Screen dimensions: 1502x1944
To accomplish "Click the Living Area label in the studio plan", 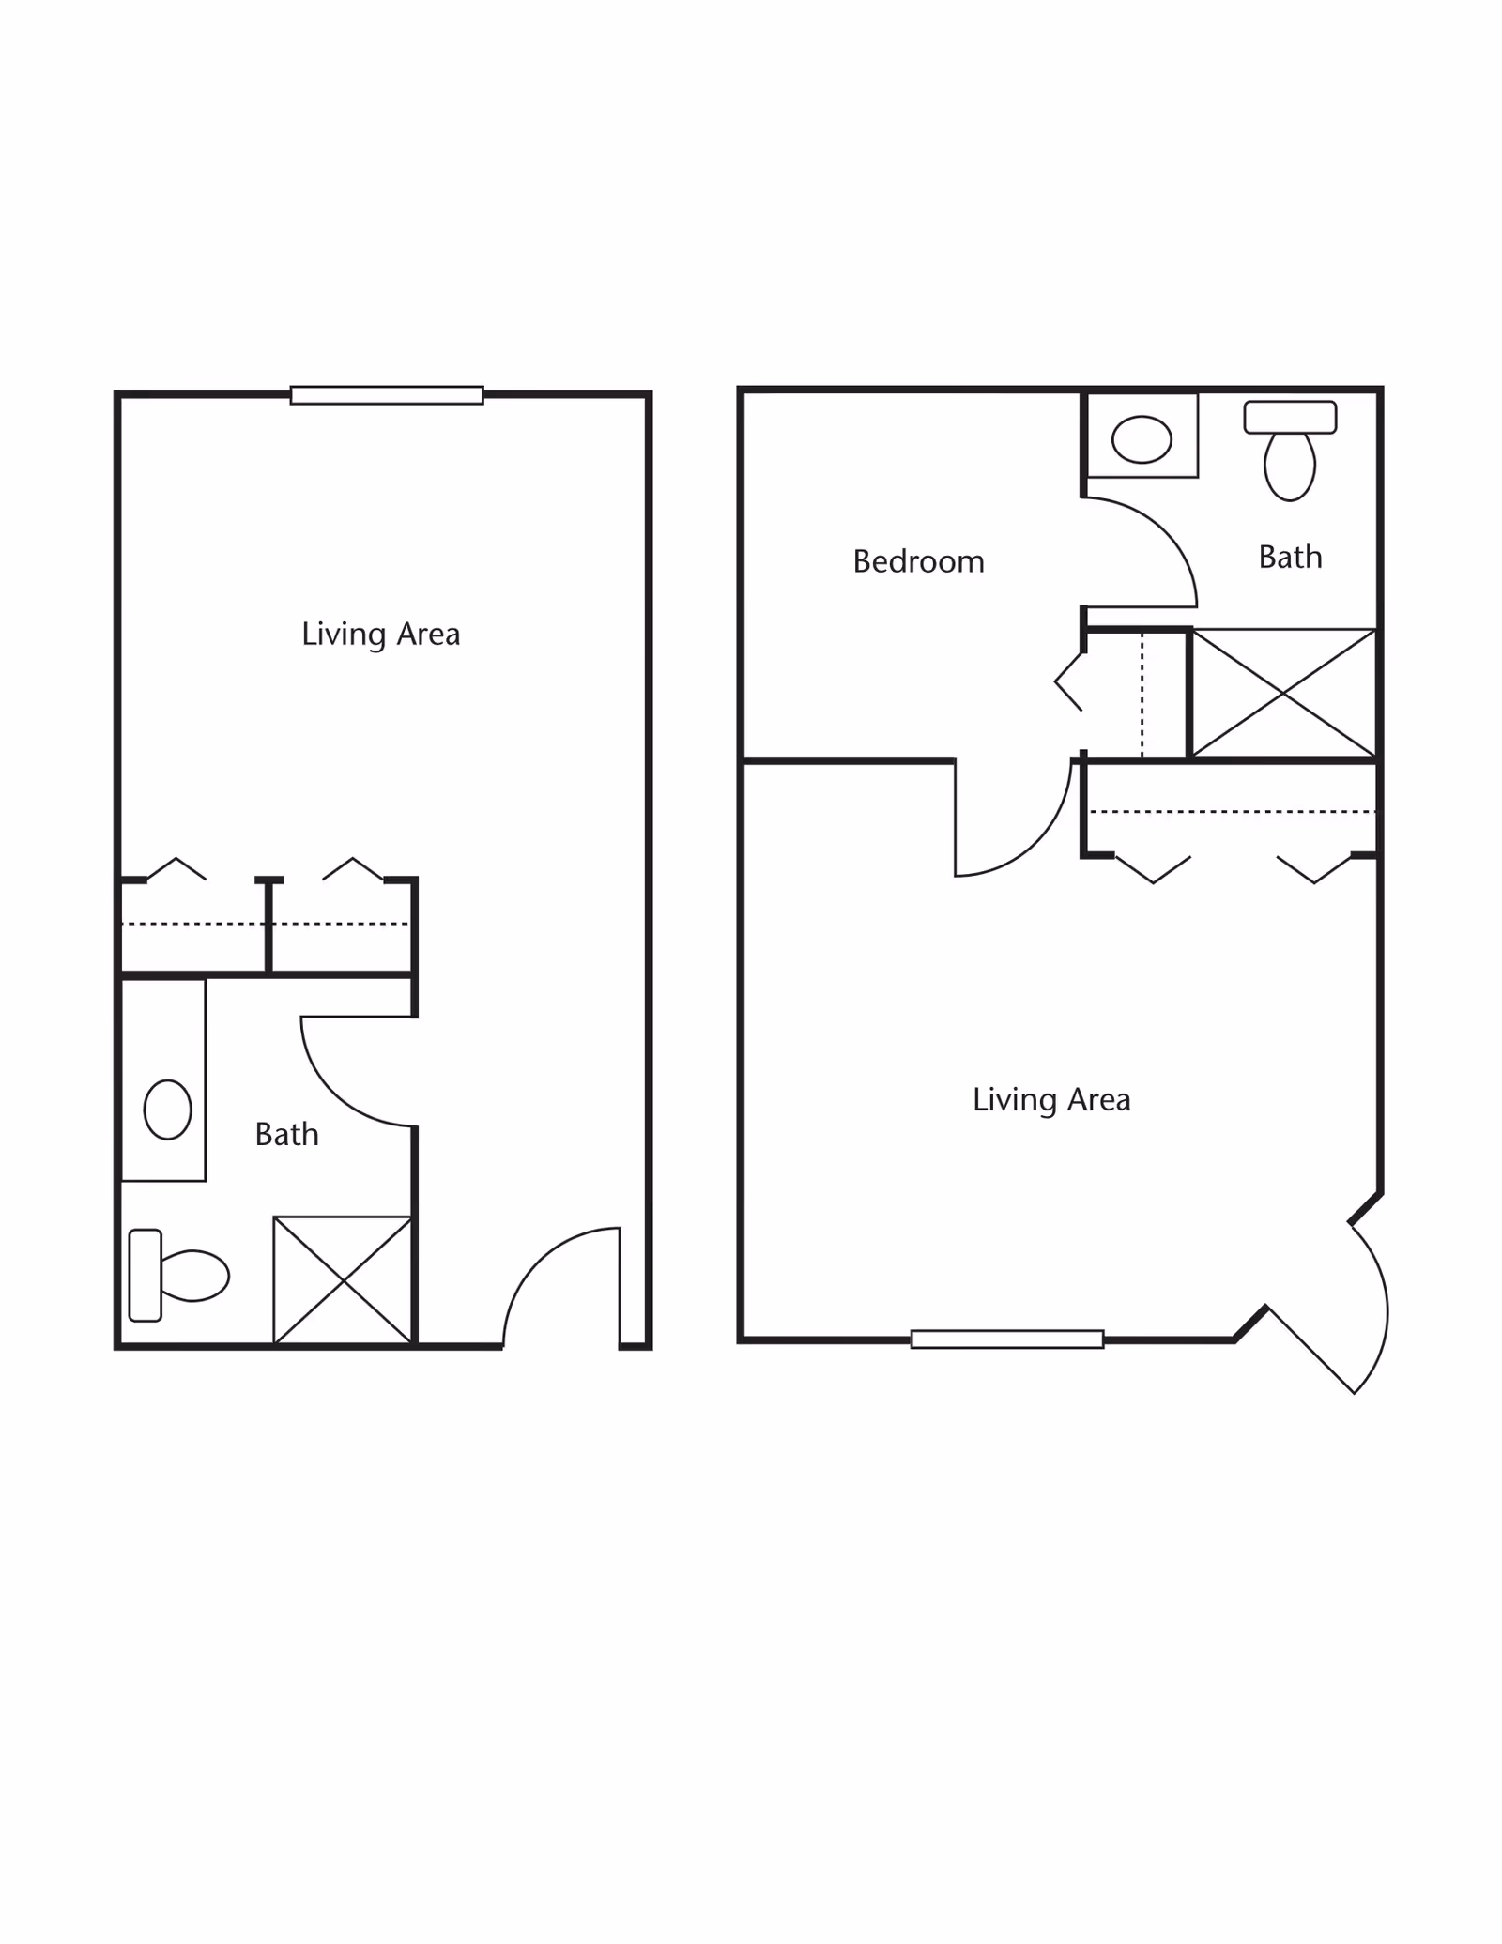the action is click(380, 635).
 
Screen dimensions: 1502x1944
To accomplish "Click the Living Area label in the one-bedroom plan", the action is click(1051, 1099).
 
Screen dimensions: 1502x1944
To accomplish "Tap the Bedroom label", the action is click(919, 561).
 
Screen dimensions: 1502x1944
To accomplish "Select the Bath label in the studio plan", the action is click(287, 1134).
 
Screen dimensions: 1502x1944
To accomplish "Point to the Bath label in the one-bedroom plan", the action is click(1291, 557).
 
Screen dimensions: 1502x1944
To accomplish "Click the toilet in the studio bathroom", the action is click(178, 1276).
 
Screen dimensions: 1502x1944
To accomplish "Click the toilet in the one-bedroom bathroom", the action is click(1290, 451).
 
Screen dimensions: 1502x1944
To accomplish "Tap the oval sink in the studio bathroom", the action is click(168, 1110).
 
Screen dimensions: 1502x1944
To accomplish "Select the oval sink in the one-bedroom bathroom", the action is click(1142, 439).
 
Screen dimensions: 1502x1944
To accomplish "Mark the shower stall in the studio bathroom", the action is click(343, 1280).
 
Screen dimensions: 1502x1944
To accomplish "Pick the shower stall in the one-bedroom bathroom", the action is click(1283, 693).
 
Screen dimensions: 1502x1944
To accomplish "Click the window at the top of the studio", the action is click(387, 395).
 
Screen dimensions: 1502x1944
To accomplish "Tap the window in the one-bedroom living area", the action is click(1007, 1339).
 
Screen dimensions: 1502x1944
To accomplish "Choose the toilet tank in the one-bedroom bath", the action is click(1290, 417).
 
